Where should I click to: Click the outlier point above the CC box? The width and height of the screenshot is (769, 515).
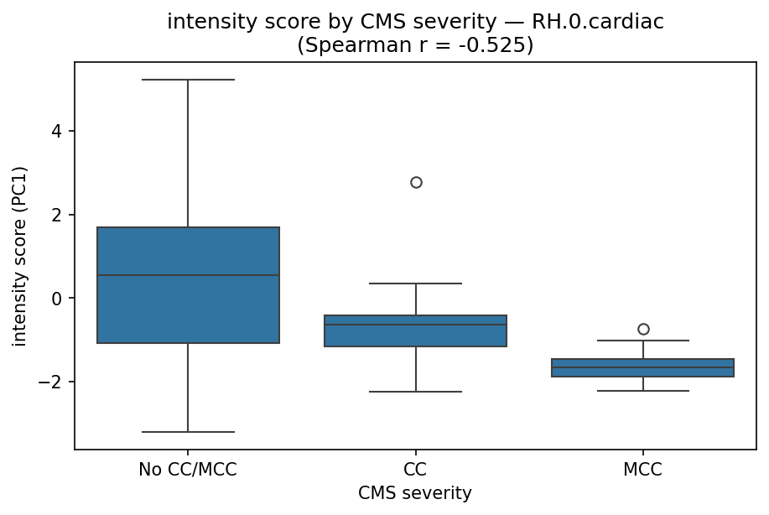(416, 182)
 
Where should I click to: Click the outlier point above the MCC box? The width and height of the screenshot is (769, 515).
(643, 329)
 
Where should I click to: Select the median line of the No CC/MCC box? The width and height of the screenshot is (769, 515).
(188, 275)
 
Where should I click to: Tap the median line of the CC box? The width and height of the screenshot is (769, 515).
(416, 325)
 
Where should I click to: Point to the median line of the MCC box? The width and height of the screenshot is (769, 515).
(643, 367)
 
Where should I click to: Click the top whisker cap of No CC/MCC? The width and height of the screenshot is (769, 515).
(188, 80)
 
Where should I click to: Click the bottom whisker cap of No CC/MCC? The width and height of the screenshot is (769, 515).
(188, 432)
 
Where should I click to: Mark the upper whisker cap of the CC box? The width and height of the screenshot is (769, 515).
(416, 284)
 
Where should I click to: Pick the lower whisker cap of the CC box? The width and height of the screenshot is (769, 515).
(416, 392)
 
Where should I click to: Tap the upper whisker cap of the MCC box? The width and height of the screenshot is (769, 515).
(643, 341)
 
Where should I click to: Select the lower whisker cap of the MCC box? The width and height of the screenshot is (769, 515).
(643, 391)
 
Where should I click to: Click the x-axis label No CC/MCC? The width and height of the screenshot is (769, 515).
(188, 470)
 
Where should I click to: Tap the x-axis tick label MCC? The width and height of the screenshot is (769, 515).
(643, 470)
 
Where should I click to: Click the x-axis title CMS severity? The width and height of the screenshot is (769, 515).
(415, 492)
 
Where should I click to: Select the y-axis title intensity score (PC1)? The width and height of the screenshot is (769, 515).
(19, 256)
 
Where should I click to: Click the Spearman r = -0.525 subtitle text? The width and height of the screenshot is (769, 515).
(415, 44)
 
